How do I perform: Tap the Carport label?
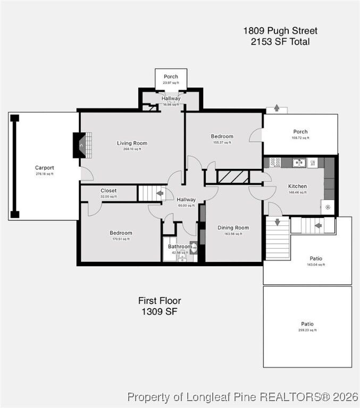pyautogui.click(x=45, y=168)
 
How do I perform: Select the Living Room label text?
pyautogui.click(x=132, y=143)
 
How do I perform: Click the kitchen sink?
pyautogui.click(x=299, y=163)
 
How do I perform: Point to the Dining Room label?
pyautogui.click(x=233, y=228)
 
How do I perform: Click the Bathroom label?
pyautogui.click(x=179, y=246)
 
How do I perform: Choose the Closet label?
pyautogui.click(x=108, y=191)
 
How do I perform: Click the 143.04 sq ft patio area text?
pyautogui.click(x=315, y=264)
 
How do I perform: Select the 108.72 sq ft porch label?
pyautogui.click(x=300, y=138)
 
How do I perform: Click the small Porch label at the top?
pyautogui.click(x=171, y=76)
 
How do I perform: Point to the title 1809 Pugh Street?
pyautogui.click(x=280, y=31)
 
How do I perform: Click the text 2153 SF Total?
pyautogui.click(x=280, y=42)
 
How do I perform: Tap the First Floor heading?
pyautogui.click(x=159, y=301)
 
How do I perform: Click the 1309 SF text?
pyautogui.click(x=159, y=312)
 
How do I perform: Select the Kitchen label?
pyautogui.click(x=297, y=186)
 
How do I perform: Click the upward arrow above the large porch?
pyautogui.click(x=277, y=108)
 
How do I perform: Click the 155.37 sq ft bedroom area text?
pyautogui.click(x=222, y=142)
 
